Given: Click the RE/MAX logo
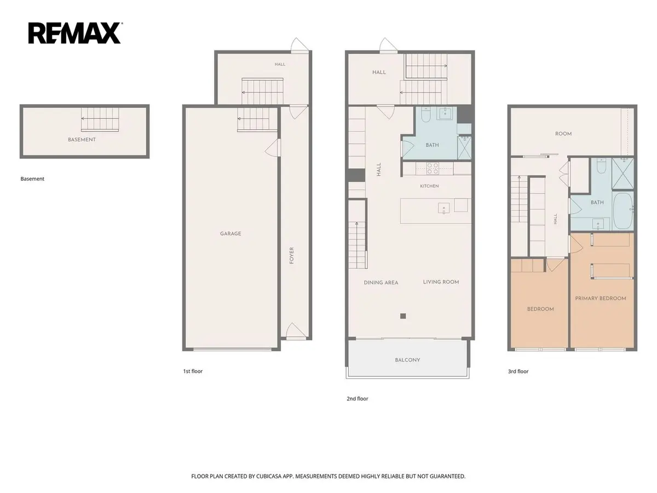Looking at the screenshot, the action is [75, 33].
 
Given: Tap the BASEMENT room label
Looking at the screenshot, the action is [82, 140].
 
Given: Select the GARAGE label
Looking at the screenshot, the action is [230, 233].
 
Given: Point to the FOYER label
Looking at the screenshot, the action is [291, 255].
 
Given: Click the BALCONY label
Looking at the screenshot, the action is [407, 360].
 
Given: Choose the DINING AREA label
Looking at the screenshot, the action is [381, 283].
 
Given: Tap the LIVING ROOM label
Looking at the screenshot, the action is [441, 282].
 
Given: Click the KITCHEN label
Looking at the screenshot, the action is [429, 186].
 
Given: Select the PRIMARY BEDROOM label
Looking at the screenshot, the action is [601, 298].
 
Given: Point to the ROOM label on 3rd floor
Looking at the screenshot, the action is [563, 134].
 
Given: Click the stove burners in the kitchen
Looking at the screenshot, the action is [433, 168].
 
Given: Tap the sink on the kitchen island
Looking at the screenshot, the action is [443, 208].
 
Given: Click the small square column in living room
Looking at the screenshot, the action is [403, 316].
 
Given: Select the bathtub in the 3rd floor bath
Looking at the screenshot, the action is [623, 210].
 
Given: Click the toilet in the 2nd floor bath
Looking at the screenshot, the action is [425, 114].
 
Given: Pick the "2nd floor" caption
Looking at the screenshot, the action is [358, 399].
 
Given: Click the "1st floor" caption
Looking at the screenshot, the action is [193, 371].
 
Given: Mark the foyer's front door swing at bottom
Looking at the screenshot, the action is [296, 331].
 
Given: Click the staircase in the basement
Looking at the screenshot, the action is [100, 119].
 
